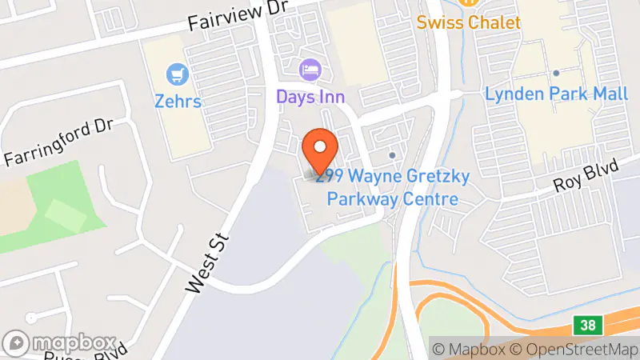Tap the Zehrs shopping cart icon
[178, 76]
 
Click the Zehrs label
[178, 102]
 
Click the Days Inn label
[310, 97]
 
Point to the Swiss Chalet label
[468, 22]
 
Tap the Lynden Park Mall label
[556, 94]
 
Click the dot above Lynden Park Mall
[556, 73]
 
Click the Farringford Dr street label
[59, 142]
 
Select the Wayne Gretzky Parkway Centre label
[392, 187]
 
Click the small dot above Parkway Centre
[392, 154]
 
